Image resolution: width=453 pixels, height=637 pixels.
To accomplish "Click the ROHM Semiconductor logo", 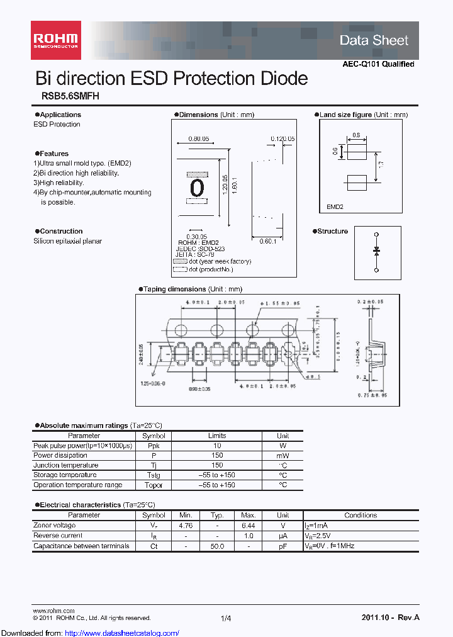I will coord(55,36).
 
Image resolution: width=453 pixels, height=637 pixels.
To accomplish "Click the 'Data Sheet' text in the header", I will coord(374,40).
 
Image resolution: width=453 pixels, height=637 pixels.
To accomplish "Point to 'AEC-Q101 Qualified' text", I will coord(378,64).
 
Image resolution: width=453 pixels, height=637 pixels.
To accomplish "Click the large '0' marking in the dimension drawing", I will coord(197,187).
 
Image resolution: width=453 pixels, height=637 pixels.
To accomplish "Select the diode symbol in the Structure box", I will coord(376,251).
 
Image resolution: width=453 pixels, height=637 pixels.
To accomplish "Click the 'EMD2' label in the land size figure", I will coord(335,207).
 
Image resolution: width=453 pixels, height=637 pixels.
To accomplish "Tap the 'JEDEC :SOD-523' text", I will coord(198,249).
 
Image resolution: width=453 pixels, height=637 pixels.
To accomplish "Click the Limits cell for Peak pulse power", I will coord(217,446).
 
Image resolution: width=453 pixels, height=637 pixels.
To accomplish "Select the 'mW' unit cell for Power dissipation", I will coord(282,456).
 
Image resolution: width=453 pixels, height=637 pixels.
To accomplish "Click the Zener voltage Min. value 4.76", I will coord(186,526).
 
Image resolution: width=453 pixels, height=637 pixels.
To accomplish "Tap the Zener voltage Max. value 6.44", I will coord(248,526).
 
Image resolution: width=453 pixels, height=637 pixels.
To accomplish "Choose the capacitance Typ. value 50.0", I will coord(217,546).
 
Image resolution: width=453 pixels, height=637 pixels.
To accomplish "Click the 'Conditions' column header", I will coord(361,516).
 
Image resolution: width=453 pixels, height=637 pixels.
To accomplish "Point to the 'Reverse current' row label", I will coord(58,536).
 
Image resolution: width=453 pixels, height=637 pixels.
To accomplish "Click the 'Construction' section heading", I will coord(61,232).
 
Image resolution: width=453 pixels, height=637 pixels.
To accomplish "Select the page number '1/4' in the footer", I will coord(226,619).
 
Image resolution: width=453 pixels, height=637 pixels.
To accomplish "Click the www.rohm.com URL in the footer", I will coord(53,611).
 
